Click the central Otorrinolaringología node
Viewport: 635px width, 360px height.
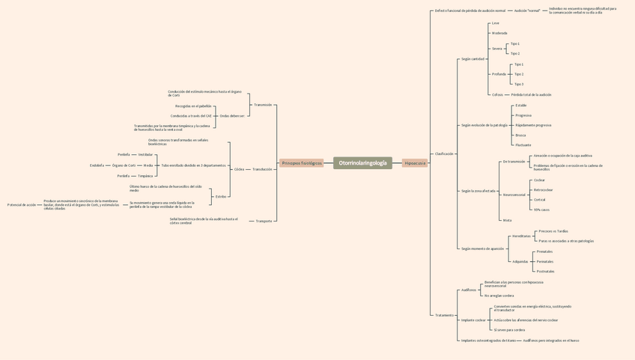click(x=362, y=162)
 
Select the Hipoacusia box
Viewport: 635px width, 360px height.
click(x=414, y=162)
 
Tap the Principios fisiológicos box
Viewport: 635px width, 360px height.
click(x=301, y=162)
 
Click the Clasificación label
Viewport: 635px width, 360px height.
click(x=444, y=153)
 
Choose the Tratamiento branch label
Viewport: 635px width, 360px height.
click(x=444, y=315)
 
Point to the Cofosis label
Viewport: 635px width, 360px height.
click(x=497, y=95)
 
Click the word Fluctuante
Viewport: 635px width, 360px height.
click(x=523, y=145)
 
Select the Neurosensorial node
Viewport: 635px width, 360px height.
click(x=514, y=195)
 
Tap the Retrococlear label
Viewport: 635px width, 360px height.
click(x=543, y=190)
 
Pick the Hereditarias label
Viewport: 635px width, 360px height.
click(x=521, y=236)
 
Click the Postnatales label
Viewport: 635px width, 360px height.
click(x=545, y=271)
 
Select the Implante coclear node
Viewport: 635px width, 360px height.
click(x=473, y=320)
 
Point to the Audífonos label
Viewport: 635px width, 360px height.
click(x=468, y=290)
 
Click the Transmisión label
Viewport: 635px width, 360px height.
click(x=263, y=105)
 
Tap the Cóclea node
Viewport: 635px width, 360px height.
click(x=239, y=169)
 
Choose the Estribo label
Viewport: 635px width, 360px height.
click(x=221, y=196)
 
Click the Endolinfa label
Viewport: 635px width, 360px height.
click(x=97, y=165)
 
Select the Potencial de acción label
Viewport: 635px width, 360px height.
click(x=21, y=204)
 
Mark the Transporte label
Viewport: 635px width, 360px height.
click(x=264, y=221)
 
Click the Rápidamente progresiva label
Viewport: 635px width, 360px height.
click(x=533, y=125)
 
